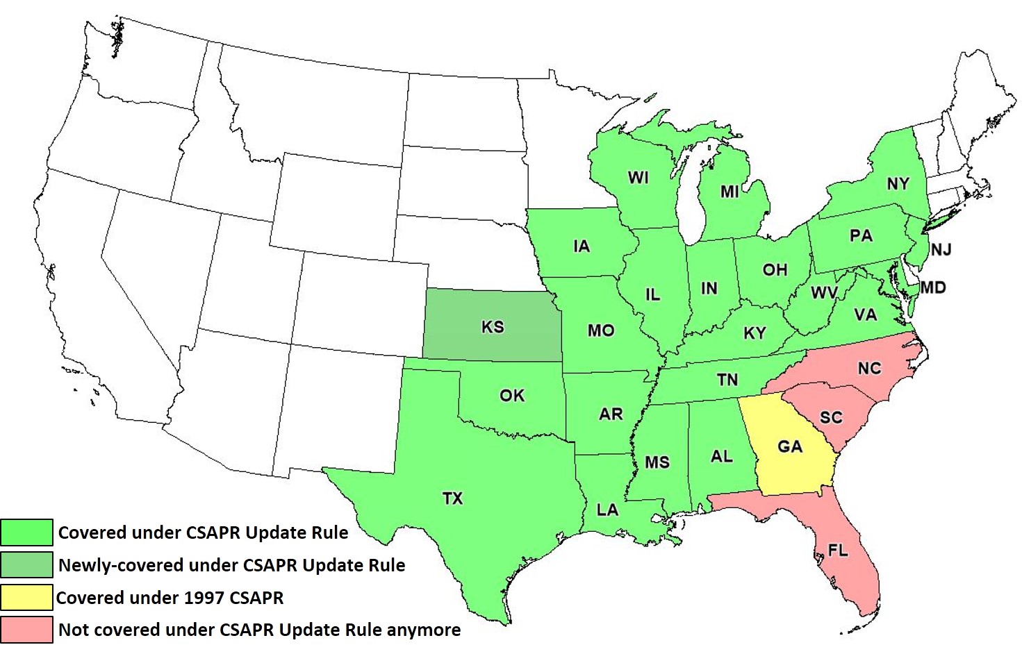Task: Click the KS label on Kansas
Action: coord(493,327)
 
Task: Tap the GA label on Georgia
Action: coord(790,446)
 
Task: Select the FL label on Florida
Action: coord(838,551)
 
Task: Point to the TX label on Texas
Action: coord(452,498)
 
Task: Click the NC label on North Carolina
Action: coord(869,369)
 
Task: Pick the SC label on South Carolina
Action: coord(831,417)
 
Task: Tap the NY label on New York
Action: coord(898,184)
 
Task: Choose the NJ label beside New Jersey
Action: coord(941,250)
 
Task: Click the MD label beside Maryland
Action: coord(933,287)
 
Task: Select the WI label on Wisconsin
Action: coord(638,178)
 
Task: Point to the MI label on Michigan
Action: coord(730,192)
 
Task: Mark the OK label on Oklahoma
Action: coord(512,396)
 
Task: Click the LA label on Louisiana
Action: coord(607,510)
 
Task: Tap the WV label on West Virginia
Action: coord(824,293)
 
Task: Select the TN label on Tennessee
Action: coord(727,380)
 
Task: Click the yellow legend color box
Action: coord(26,597)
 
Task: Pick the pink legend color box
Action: coord(26,629)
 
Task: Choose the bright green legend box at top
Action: coord(26,533)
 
